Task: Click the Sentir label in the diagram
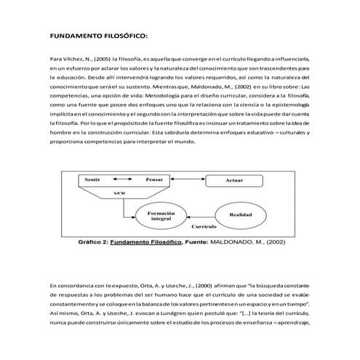93,178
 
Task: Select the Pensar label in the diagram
154,178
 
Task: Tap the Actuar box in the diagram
233,179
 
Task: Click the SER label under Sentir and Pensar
120,193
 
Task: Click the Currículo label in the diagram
193,227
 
